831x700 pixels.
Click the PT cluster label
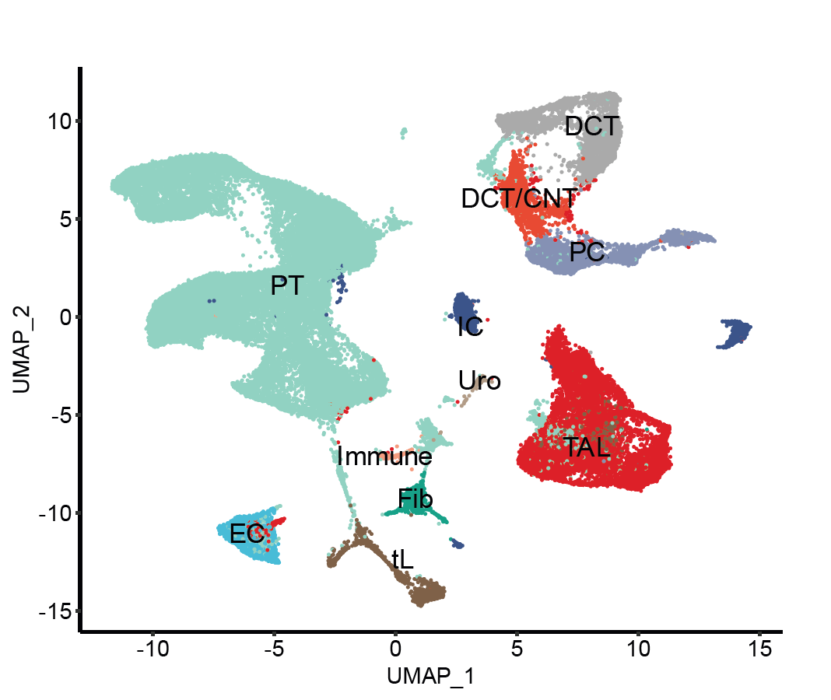(286, 286)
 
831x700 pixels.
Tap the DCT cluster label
(592, 126)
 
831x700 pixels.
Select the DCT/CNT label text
(519, 199)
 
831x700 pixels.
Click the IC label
(470, 327)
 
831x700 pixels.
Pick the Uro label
(479, 380)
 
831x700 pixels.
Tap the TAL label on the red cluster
(586, 447)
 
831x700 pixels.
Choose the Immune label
(384, 457)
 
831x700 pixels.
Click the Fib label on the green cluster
(415, 499)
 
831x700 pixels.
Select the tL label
(401, 558)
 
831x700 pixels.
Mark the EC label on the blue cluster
(247, 534)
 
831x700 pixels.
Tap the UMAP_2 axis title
(22, 349)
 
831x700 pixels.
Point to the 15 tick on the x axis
(759, 647)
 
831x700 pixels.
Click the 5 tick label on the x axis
(517, 647)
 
